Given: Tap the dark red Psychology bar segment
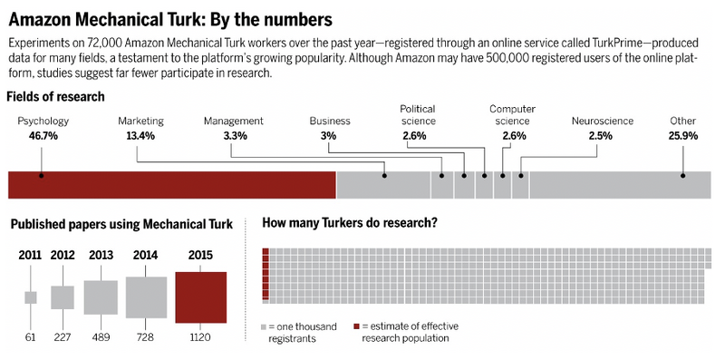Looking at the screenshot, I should click(x=172, y=184).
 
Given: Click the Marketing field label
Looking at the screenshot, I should click(x=141, y=121).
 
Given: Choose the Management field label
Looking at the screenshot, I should click(x=233, y=121).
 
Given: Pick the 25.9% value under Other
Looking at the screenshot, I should click(x=682, y=135).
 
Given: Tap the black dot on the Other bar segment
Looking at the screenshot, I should click(x=683, y=176).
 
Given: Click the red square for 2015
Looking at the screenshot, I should click(x=200, y=297).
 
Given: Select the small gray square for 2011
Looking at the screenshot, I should click(x=31, y=297).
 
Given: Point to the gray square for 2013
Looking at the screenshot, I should click(x=101, y=297).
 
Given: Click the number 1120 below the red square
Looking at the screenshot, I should click(x=200, y=337).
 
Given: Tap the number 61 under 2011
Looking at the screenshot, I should click(x=31, y=337).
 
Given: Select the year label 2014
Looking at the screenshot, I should click(x=145, y=256).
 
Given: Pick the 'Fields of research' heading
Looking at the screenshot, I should click(x=55, y=96).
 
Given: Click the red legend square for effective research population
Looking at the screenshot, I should click(x=357, y=326).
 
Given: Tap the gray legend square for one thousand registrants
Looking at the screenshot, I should click(x=264, y=326).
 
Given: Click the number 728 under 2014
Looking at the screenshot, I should click(x=145, y=337).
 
